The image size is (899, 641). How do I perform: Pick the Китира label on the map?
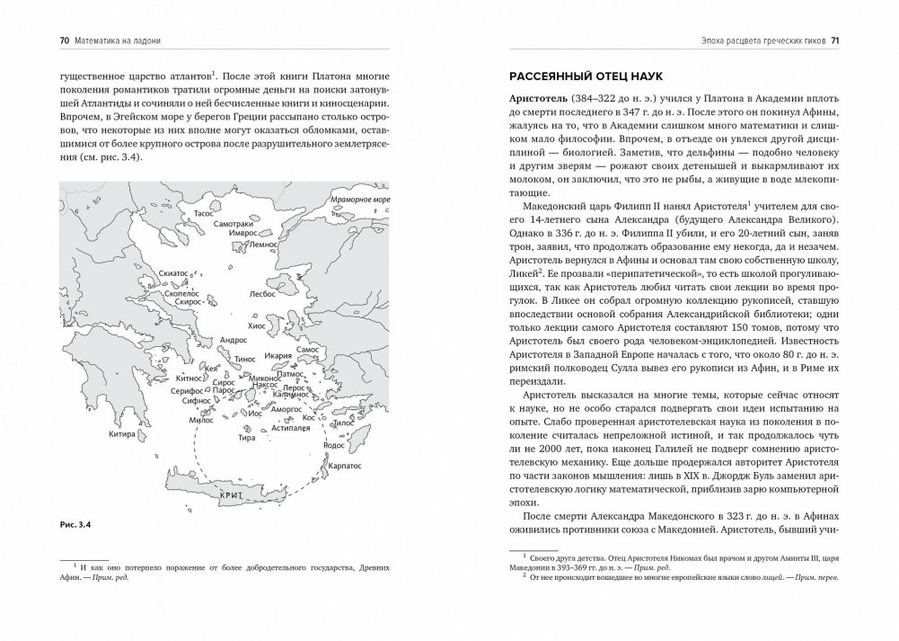click(x=119, y=434)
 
